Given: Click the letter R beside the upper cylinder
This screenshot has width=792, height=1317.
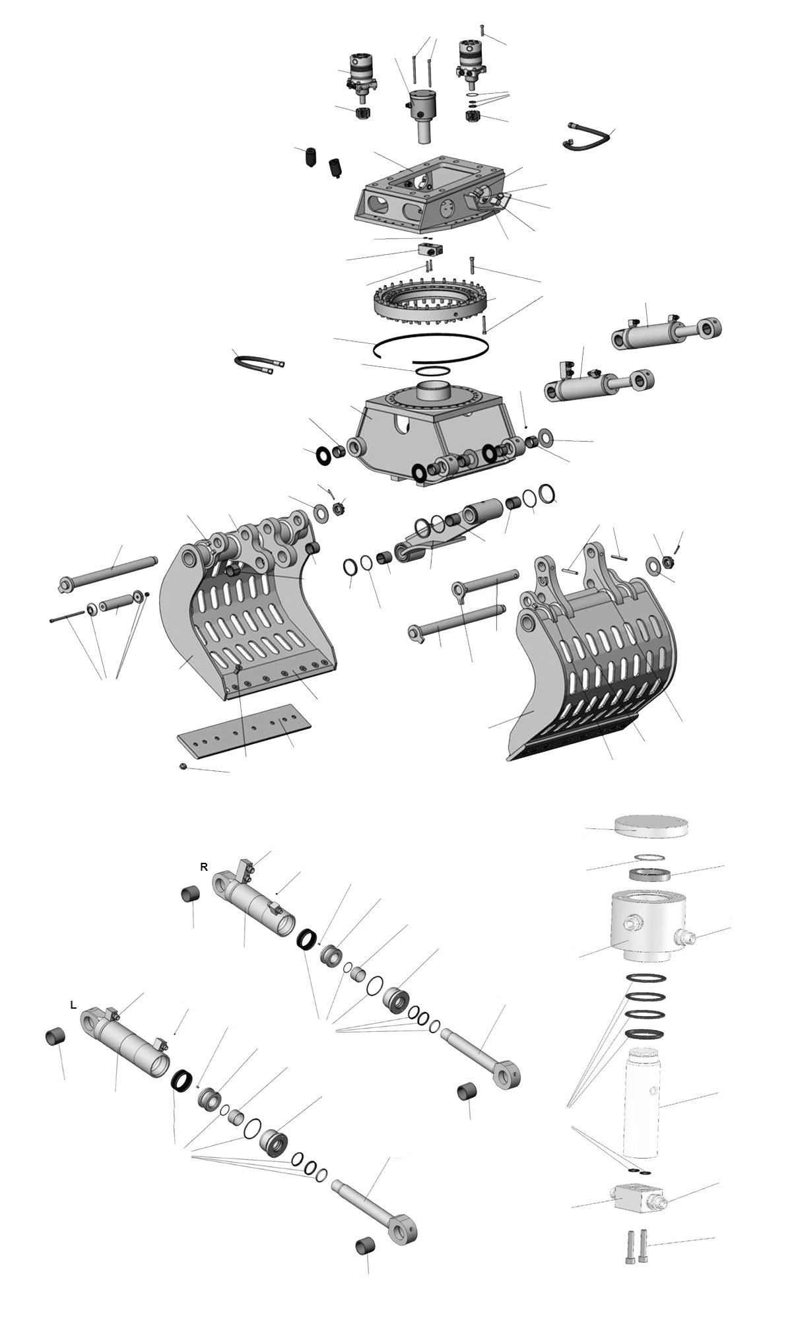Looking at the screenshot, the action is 204,867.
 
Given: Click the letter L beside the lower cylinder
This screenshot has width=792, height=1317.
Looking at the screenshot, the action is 73,1005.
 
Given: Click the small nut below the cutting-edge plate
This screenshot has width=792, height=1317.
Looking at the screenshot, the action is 183,766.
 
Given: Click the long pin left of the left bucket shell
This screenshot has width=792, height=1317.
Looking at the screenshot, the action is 108,572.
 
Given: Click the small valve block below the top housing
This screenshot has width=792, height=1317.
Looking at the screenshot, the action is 430,249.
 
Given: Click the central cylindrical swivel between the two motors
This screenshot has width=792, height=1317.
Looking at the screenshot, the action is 423,115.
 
